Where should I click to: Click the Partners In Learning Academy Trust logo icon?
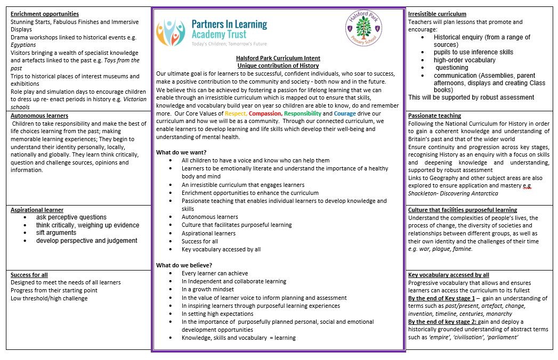pyautogui.click(x=171, y=32)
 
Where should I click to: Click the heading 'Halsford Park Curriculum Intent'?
pyautogui.click(x=278, y=58)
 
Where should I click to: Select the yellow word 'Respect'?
pyautogui.click(x=236, y=113)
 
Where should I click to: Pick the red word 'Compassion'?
pyautogui.click(x=265, y=113)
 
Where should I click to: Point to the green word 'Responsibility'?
pyautogui.click(x=303, y=113)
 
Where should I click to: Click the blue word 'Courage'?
pyautogui.click(x=345, y=113)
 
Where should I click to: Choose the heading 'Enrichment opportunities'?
pyautogui.click(x=45, y=14)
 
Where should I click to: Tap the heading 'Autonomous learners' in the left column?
pyautogui.click(x=39, y=116)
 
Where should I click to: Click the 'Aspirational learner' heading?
pyautogui.click(x=37, y=210)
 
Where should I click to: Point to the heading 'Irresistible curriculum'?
pyautogui.click(x=437, y=14)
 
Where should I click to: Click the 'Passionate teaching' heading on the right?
pyautogui.click(x=434, y=116)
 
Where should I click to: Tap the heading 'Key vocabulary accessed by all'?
pyautogui.click(x=449, y=275)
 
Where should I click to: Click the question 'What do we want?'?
pyautogui.click(x=181, y=152)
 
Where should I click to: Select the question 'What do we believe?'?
pyautogui.click(x=184, y=265)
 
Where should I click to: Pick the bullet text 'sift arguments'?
pyautogui.click(x=56, y=233)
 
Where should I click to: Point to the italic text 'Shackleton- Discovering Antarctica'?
pyautogui.click(x=453, y=193)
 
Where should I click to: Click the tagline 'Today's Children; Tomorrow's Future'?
pyautogui.click(x=229, y=44)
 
